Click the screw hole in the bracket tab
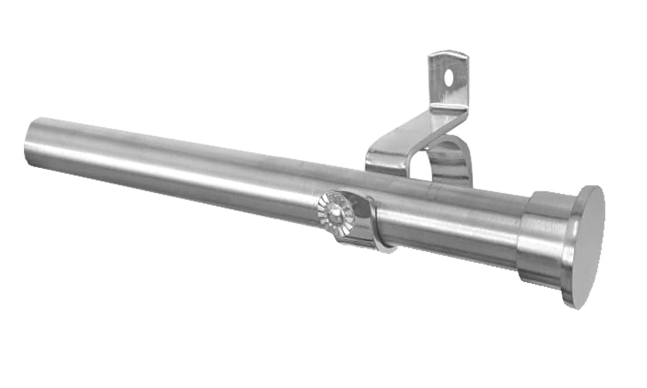coord(449,77)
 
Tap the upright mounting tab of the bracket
coord(448,81)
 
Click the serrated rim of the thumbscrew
coord(324,210)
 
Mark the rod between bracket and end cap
coord(453,220)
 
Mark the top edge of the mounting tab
coord(448,54)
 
